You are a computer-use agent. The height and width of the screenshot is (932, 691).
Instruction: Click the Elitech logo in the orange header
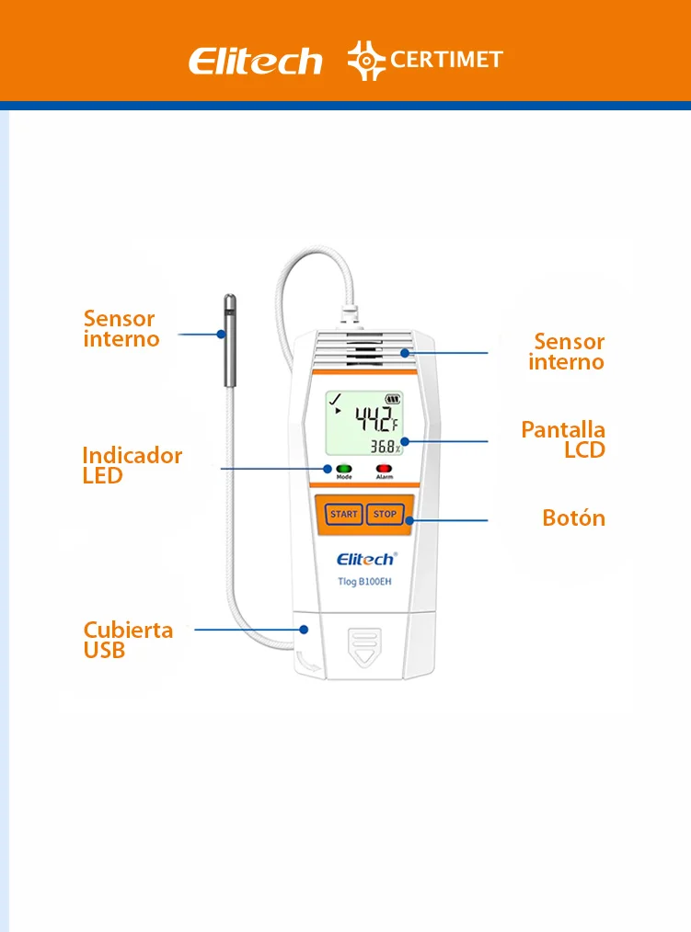click(255, 61)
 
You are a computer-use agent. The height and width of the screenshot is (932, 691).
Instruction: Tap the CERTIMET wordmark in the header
click(446, 60)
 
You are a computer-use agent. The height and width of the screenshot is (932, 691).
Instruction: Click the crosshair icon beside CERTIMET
click(366, 60)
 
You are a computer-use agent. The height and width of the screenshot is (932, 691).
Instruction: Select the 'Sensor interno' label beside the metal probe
click(121, 329)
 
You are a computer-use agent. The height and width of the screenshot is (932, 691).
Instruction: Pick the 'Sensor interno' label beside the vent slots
click(567, 352)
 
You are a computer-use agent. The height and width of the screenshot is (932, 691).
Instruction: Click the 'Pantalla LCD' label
click(564, 439)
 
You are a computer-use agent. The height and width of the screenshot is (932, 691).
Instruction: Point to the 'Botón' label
click(573, 517)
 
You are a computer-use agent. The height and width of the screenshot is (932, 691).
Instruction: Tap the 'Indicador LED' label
click(132, 465)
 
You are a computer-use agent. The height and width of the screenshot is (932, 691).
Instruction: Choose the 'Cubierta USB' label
click(128, 640)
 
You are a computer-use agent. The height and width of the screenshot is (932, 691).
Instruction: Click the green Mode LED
click(344, 469)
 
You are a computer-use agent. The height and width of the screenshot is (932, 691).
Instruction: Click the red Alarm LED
click(384, 469)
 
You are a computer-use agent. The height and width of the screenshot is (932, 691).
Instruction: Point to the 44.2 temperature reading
click(375, 420)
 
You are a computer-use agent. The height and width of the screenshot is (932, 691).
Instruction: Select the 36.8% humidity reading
click(386, 448)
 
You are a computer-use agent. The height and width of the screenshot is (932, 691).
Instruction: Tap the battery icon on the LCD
click(395, 400)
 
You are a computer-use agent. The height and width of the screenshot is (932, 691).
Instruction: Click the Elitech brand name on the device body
click(365, 559)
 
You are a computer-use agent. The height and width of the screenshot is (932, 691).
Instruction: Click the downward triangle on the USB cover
click(365, 654)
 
